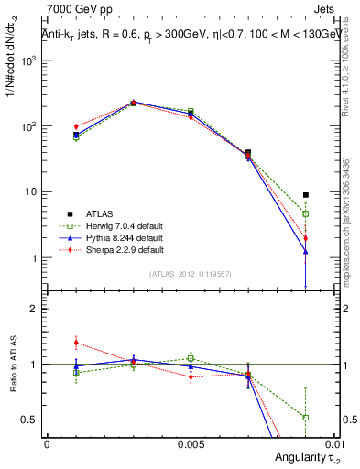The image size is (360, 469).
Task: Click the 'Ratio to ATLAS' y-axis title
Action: pos(16,365)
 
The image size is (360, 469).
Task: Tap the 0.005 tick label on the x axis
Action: pos(191,442)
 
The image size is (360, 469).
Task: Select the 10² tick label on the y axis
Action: pos(28,126)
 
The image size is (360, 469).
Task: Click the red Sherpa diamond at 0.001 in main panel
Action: pos(76,126)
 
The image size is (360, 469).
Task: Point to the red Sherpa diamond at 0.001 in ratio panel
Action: pos(76,343)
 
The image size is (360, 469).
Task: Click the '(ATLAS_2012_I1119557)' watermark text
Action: pos(191,274)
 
